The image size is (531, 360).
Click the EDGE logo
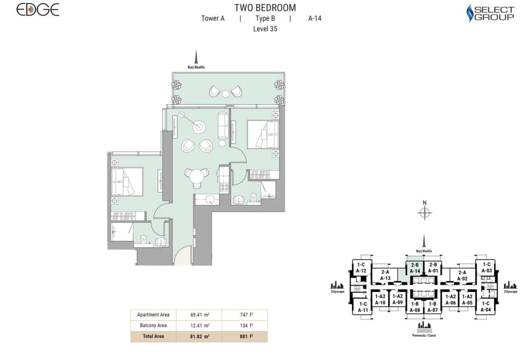pos(38,10)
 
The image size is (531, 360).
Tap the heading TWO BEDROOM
pos(265,8)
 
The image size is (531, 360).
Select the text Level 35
pos(265,29)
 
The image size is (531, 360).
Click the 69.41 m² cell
pos(200,315)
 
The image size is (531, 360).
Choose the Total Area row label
pos(153,337)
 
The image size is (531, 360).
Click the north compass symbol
pos(424,213)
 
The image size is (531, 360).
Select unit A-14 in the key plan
pos(415,268)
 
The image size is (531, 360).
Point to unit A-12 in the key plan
pos(361,268)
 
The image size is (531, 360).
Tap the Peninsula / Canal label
pos(424,335)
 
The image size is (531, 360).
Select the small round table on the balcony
pos(226,93)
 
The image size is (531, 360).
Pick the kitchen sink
pos(208,199)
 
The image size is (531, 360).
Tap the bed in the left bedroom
pos(127,182)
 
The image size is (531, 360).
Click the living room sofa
pos(223,126)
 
